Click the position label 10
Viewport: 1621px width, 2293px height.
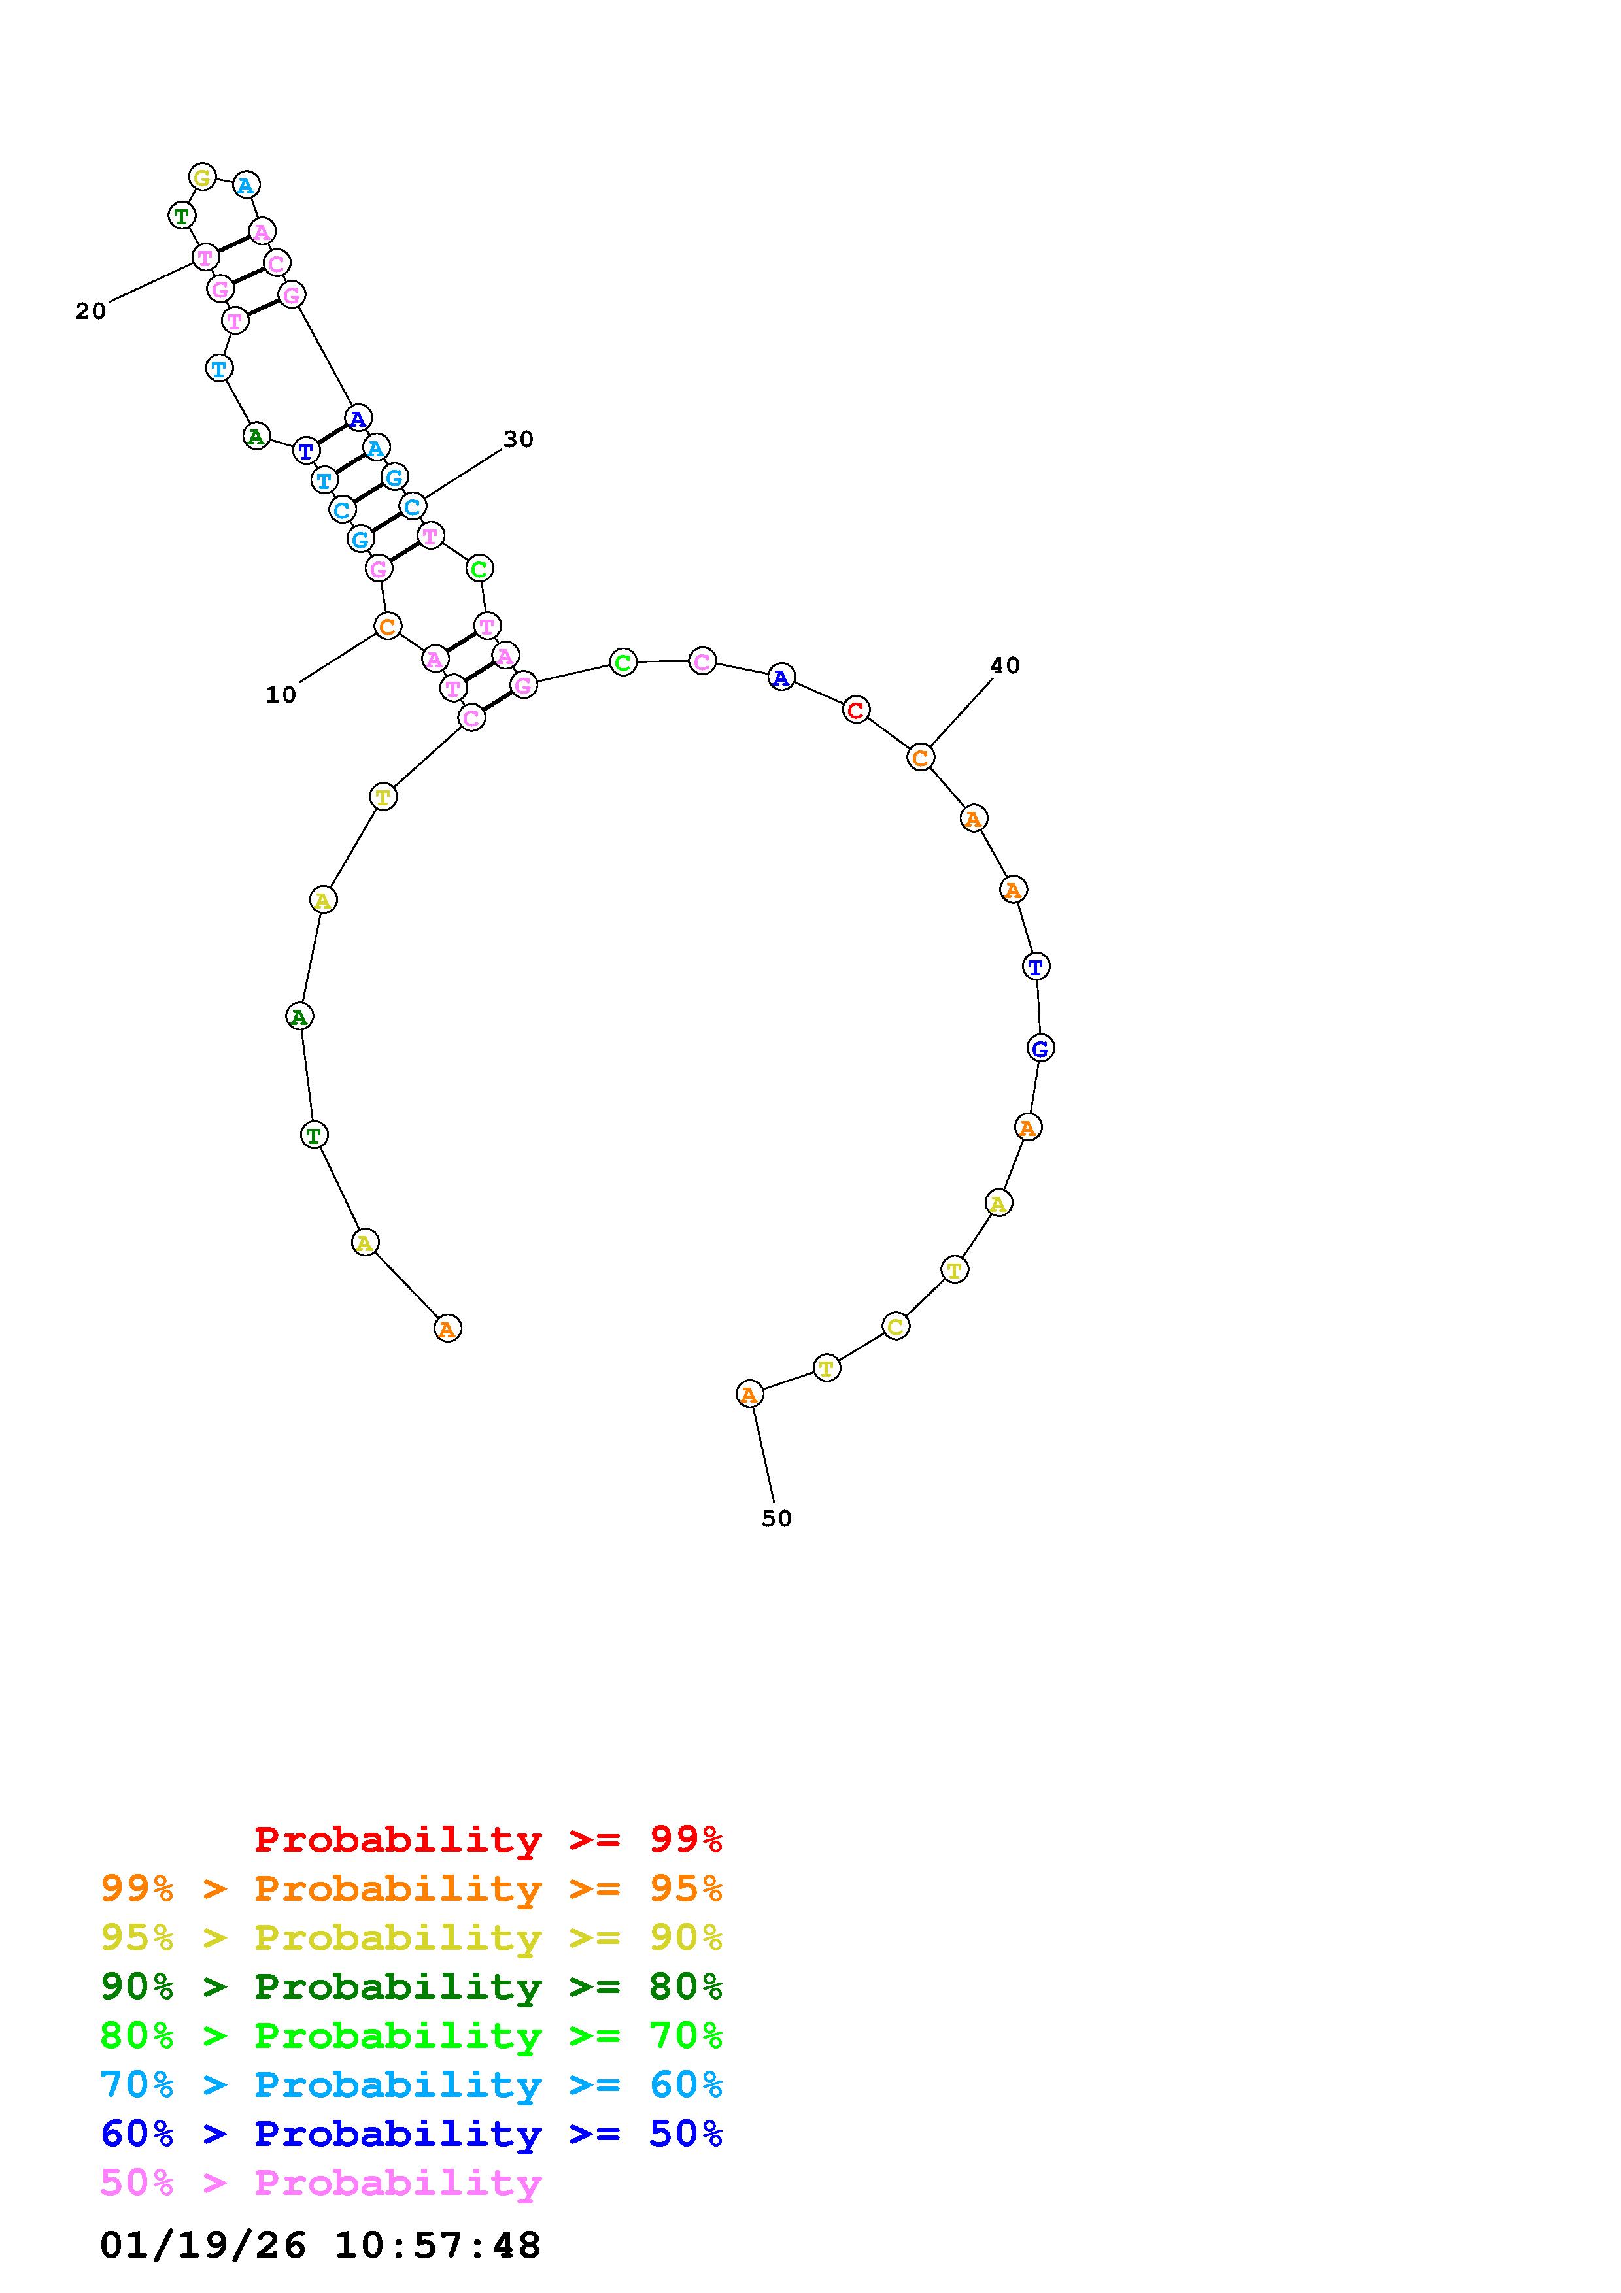coord(281,695)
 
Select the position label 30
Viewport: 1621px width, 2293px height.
coord(519,439)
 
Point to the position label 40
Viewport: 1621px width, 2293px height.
coord(1005,665)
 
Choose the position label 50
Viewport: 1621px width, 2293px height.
coord(776,1518)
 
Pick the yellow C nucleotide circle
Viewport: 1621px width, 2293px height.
coord(896,1326)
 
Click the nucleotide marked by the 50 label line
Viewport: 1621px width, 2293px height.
coord(749,1393)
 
